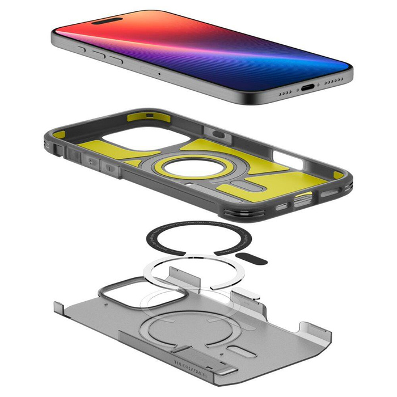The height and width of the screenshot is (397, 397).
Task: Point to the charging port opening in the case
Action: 305,198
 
